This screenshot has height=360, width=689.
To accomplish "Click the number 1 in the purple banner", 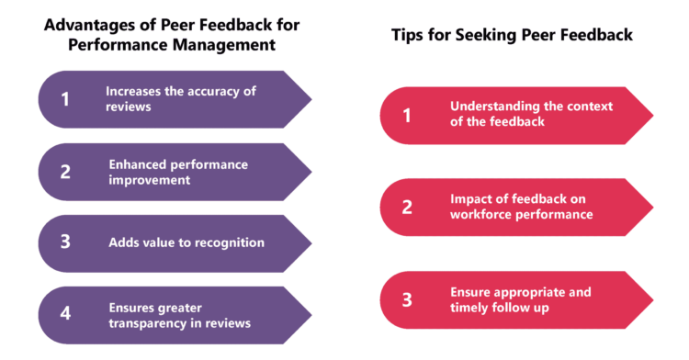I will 64,99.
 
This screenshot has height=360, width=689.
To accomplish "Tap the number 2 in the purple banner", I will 64,172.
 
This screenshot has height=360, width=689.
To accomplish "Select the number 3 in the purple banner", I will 64,242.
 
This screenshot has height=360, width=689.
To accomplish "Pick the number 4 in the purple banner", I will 64,313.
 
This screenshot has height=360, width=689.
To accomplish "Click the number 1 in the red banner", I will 407,116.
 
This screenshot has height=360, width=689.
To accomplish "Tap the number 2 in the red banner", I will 407,207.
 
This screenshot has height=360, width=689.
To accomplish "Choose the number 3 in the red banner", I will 407,298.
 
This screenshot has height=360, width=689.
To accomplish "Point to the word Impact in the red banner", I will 470,197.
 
